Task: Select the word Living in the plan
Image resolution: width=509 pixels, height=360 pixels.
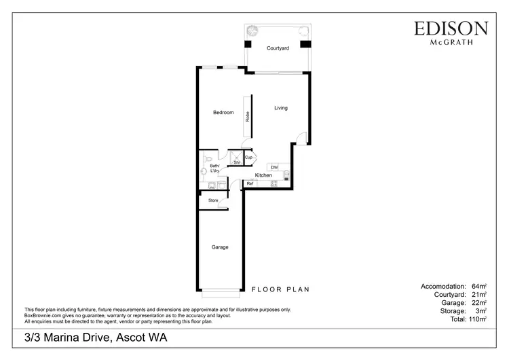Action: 281,108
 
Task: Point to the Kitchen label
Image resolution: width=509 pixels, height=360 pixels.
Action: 263,175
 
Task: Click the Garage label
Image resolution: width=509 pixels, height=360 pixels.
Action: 219,247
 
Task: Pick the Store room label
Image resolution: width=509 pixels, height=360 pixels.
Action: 213,200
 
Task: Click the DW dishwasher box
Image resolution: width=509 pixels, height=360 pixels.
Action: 274,167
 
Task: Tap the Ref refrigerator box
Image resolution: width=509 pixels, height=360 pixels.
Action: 250,183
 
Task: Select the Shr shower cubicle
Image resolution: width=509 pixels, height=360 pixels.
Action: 236,160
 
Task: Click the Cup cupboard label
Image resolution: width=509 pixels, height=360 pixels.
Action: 249,158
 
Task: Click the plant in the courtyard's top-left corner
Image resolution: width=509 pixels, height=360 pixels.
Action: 252,29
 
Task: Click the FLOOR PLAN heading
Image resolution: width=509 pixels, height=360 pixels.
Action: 280,289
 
